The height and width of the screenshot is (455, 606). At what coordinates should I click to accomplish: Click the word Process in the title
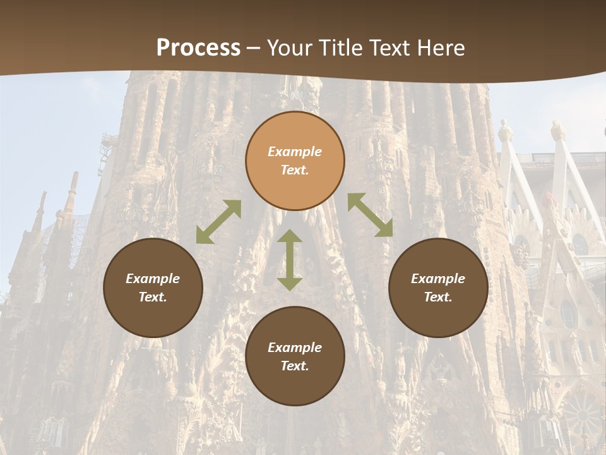pos(198,48)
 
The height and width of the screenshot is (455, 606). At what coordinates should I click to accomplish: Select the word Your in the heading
pos(290,48)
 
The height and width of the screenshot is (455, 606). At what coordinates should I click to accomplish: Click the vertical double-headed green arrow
pos(290,260)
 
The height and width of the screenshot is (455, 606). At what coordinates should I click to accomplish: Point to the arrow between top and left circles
pos(218,222)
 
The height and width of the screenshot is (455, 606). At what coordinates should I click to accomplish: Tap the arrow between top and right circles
pos(370,215)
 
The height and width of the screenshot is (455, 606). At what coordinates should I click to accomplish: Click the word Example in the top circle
pos(295,152)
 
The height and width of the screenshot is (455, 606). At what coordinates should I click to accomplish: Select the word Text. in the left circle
pos(153,297)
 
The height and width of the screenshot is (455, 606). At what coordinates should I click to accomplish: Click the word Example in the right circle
pos(438,279)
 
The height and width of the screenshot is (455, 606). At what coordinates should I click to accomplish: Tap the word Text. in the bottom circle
pos(295,366)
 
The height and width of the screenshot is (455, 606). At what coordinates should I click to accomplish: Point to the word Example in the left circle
pos(153,279)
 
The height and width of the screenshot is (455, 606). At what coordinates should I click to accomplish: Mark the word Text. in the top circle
pos(295,170)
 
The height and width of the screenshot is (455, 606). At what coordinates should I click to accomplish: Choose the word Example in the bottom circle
pos(295,348)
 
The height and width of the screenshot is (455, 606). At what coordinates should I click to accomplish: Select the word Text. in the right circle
pos(438,297)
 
